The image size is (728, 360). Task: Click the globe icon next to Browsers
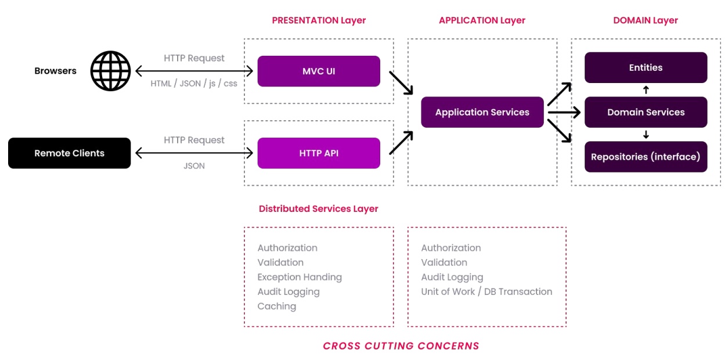coord(110,71)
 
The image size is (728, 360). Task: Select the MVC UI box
coord(319,71)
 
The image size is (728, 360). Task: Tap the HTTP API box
coord(319,153)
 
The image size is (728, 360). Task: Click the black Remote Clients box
coord(69,153)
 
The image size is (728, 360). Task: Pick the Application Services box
coord(482,113)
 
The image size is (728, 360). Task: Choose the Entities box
coord(646,67)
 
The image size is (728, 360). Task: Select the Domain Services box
coord(646,112)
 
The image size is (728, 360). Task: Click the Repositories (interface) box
coord(646,157)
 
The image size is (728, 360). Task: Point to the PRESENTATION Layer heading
coord(319,20)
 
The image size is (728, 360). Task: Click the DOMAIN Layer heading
coord(646,20)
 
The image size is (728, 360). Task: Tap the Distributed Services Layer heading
coord(318,208)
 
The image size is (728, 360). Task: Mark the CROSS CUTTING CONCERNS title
coord(401,346)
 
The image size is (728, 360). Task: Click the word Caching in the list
coord(277,306)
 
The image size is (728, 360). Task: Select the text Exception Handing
coord(300,277)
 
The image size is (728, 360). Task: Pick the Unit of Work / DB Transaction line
coord(486,291)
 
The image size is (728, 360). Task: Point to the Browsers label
coord(55,71)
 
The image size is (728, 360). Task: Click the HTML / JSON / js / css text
coord(194,84)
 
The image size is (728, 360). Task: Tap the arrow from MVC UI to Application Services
coord(401,82)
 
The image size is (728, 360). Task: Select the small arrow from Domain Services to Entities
coord(646,90)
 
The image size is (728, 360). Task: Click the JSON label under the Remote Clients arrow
coord(194,165)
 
